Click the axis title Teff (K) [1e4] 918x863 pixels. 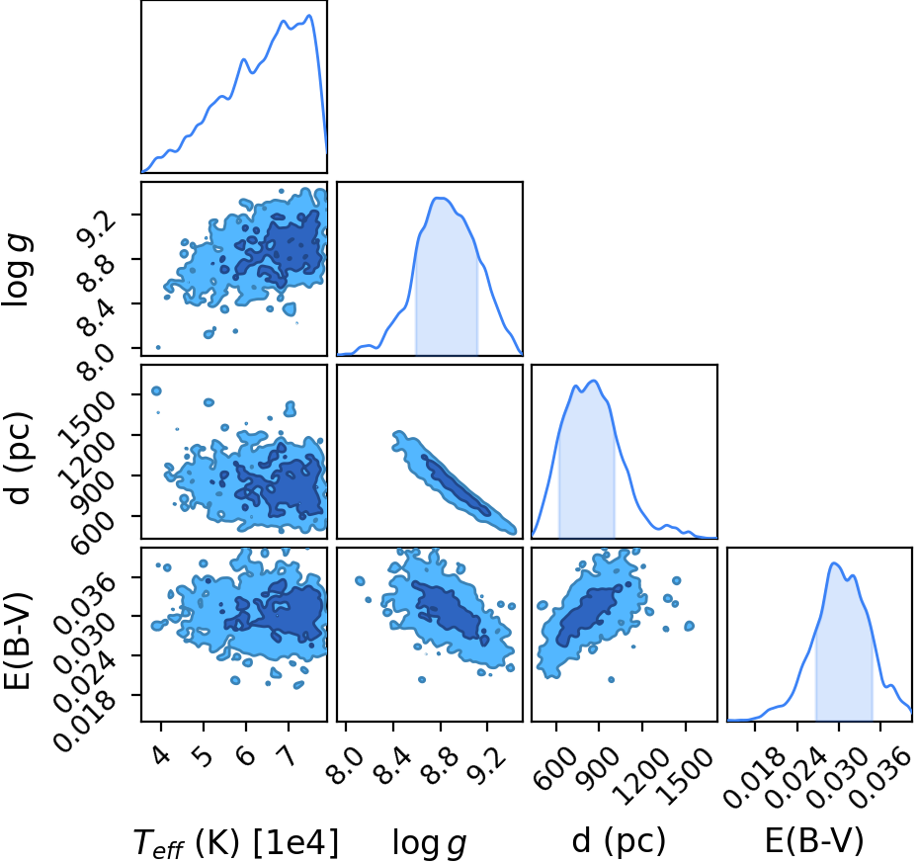(x=236, y=843)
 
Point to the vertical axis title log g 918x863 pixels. (x=17, y=270)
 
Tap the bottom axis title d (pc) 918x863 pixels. (x=619, y=841)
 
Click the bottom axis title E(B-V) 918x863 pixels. (x=814, y=841)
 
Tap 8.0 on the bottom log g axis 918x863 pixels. (x=347, y=764)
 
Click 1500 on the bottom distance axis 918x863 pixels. (x=686, y=775)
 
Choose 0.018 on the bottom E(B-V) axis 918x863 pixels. (x=755, y=779)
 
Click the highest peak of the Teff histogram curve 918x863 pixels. (x=309, y=15)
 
